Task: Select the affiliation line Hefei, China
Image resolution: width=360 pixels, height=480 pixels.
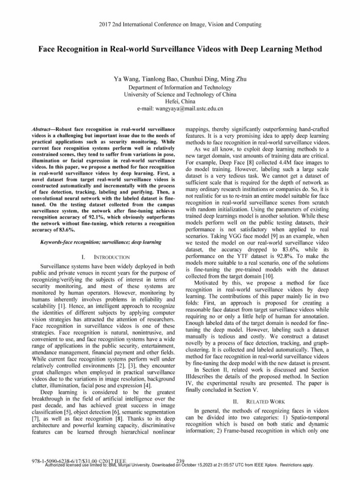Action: [x=180, y=101]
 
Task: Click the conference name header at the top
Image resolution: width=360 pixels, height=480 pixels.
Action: [x=180, y=24]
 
